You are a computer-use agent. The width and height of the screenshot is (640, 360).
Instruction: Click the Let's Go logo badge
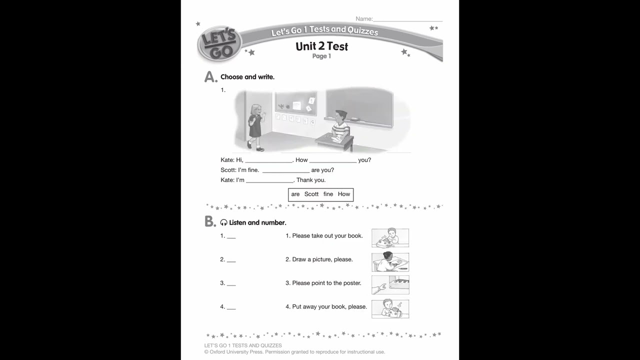[x=219, y=44]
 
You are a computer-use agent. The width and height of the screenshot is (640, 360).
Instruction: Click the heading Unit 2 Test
[x=321, y=46]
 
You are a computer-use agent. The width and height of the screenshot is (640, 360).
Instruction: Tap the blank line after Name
[x=407, y=19]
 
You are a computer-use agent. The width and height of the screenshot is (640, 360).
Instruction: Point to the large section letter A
[x=210, y=77]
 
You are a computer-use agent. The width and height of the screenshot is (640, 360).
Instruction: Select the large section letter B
[x=210, y=222]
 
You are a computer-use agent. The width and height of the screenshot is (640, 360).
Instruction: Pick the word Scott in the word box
[x=311, y=194]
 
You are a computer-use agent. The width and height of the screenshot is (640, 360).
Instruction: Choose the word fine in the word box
[x=328, y=194]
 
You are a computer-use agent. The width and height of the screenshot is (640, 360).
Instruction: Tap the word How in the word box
[x=344, y=194]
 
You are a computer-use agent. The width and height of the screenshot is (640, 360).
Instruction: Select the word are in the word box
[x=295, y=194]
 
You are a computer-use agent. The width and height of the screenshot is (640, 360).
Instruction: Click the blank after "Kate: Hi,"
[x=268, y=161]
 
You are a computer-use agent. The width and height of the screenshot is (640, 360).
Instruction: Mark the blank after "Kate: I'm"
[x=269, y=181]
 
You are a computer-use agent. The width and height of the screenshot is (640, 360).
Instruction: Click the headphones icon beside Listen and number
[x=224, y=223]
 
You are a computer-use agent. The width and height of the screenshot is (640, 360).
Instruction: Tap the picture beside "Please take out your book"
[x=390, y=238]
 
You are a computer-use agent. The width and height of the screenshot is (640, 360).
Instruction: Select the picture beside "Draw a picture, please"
[x=390, y=262]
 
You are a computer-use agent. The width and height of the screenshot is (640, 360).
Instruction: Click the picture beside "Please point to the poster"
[x=390, y=285]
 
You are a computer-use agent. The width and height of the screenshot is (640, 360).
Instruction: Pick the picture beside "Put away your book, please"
[x=390, y=309]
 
